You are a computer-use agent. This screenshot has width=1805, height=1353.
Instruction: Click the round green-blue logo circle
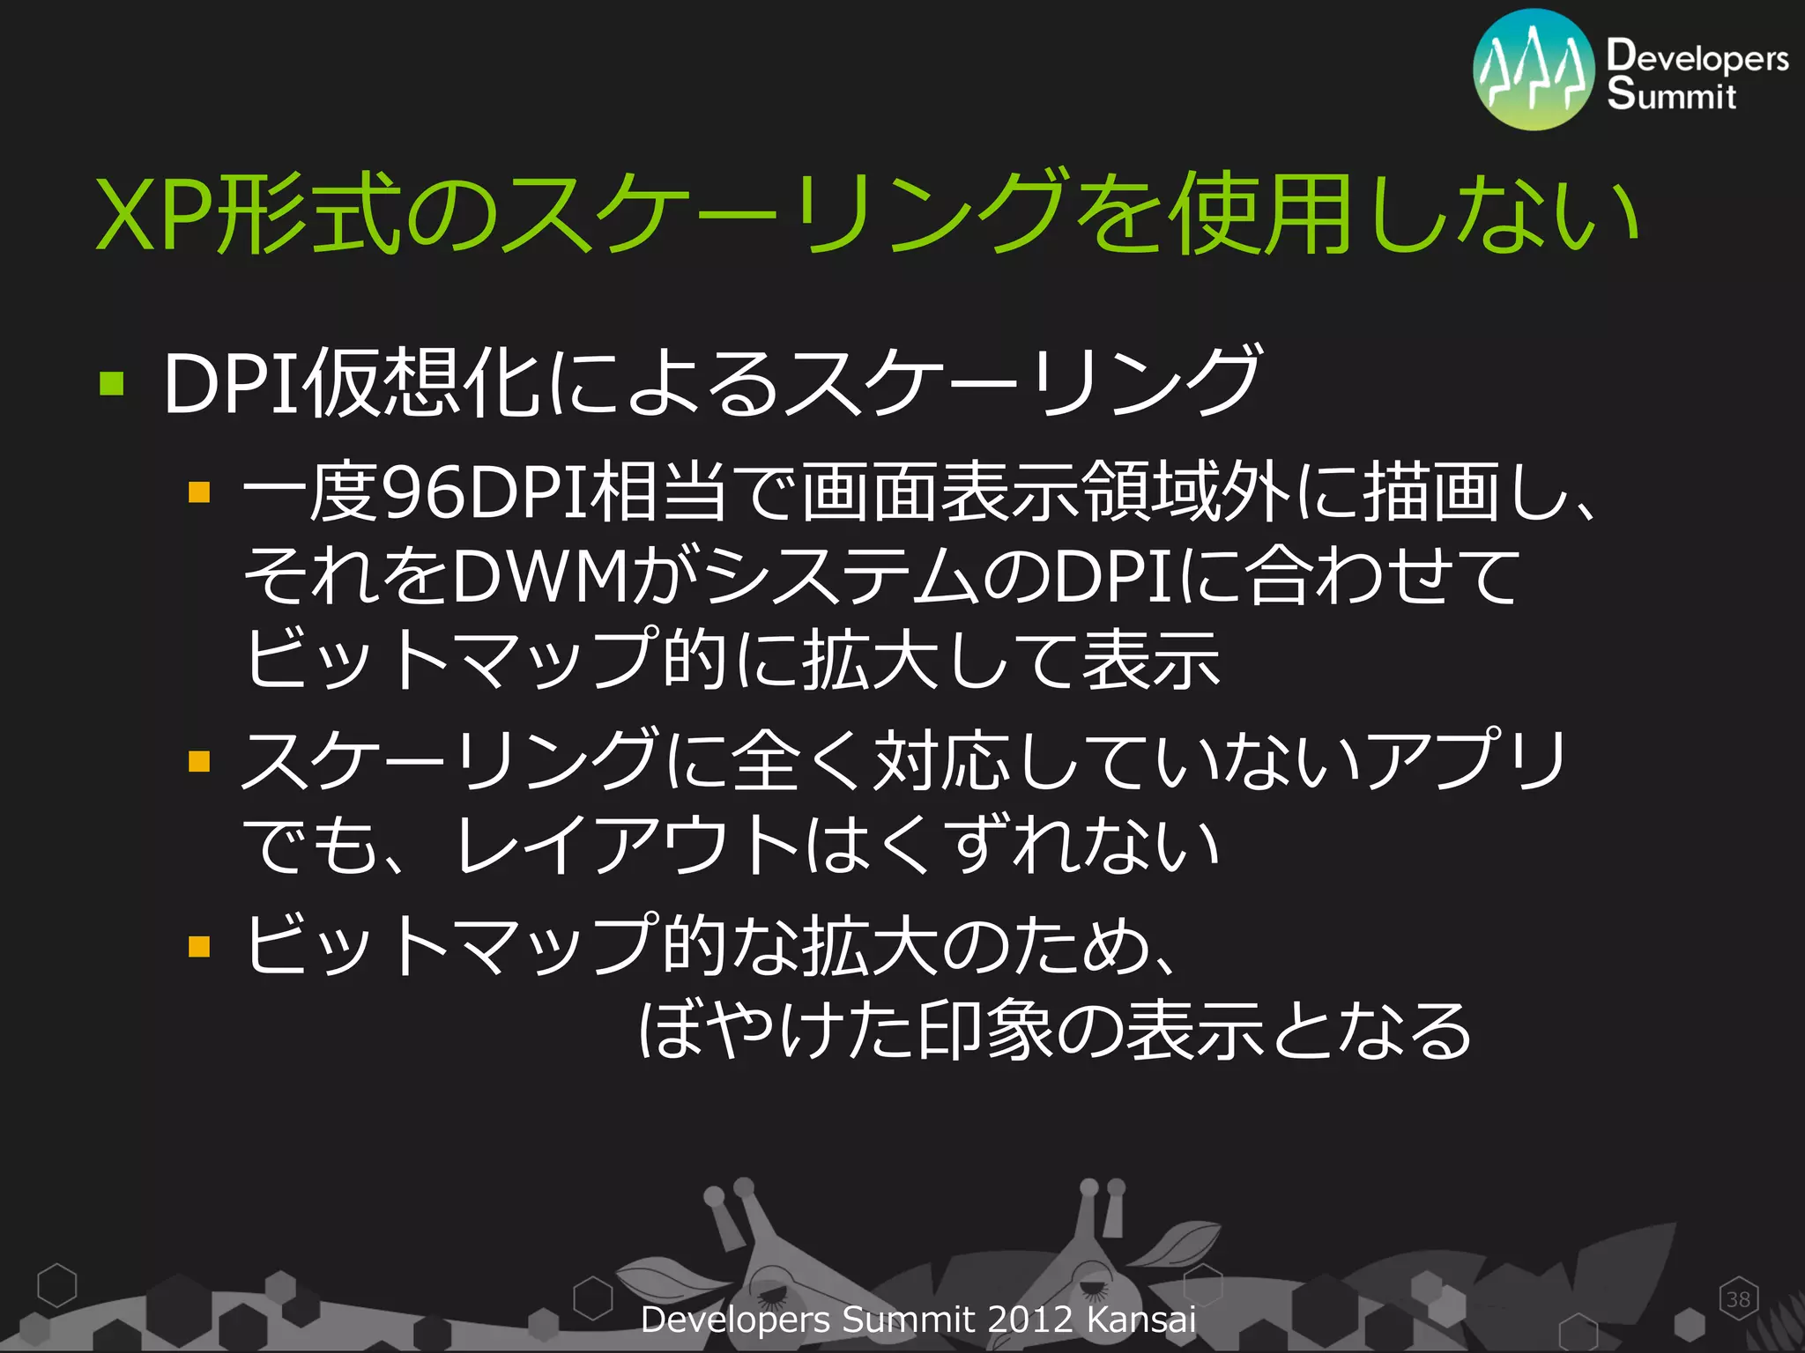1534,70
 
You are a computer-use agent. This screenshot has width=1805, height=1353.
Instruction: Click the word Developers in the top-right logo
1697,57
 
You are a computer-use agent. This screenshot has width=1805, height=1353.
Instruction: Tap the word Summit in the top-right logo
1671,94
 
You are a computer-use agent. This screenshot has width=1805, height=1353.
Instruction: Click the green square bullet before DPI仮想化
111,383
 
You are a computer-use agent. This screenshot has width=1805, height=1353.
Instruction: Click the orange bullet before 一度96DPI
199,491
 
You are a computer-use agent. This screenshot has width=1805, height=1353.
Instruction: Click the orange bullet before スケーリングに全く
199,760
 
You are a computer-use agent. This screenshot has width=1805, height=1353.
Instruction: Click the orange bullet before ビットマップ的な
199,946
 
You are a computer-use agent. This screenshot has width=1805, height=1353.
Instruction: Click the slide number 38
1738,1299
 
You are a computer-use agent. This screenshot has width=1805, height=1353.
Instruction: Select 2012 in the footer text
1029,1320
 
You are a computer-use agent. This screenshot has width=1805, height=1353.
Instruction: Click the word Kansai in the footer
1140,1320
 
